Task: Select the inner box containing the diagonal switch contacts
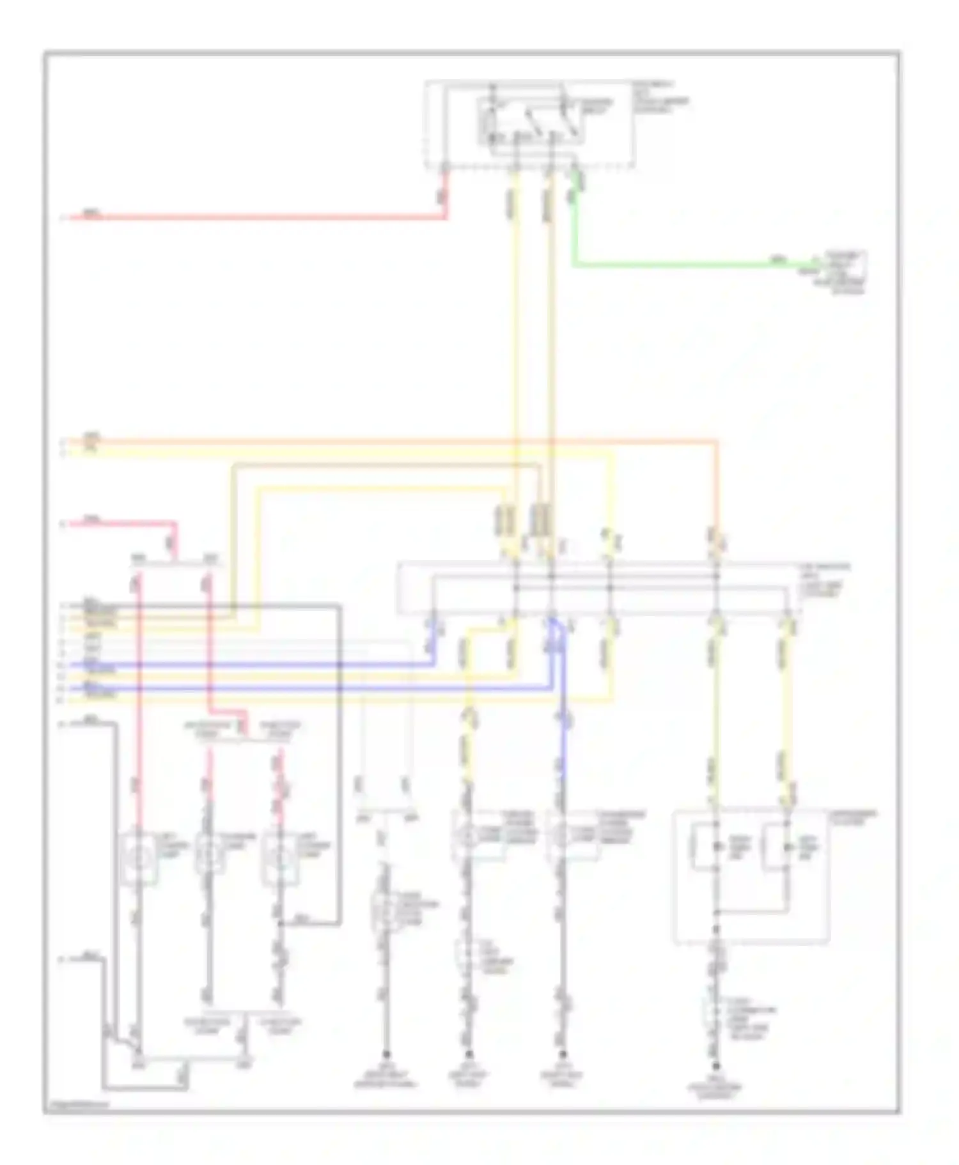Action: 531,121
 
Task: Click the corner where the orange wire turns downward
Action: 716,441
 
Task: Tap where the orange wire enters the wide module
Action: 716,562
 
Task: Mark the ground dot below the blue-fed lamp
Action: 563,1054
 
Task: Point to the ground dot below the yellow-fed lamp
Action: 469,1054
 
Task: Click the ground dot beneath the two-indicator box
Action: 716,1065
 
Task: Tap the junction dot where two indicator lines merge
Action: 716,912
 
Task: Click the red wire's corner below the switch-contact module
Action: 446,218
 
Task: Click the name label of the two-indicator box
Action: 853,817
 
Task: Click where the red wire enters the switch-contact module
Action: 446,169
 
